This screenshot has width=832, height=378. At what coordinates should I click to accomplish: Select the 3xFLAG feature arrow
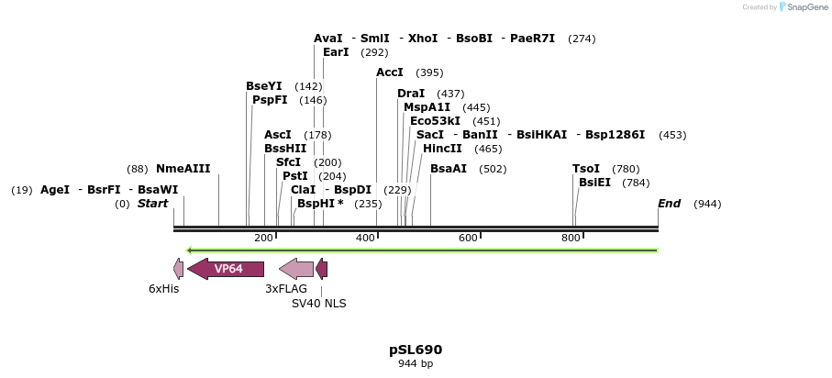[296, 269]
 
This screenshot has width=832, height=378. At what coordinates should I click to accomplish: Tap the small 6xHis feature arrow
[178, 269]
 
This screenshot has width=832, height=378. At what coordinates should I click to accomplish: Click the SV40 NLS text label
[318, 303]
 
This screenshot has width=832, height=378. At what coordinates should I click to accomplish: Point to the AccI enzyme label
[390, 72]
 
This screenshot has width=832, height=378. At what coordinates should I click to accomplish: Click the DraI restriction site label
[411, 94]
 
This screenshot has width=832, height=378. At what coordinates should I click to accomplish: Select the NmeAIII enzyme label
[183, 169]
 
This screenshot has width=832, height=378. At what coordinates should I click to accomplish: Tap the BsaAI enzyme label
[449, 169]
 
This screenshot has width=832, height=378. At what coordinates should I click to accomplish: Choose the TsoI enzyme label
[586, 169]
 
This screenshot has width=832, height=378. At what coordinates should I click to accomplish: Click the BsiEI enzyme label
[593, 183]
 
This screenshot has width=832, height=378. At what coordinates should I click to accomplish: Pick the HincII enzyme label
[442, 149]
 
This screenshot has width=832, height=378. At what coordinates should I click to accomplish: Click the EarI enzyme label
[336, 52]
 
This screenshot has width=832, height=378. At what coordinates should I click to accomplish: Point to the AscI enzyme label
[278, 135]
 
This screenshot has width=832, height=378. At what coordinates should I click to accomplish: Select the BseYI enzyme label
[264, 86]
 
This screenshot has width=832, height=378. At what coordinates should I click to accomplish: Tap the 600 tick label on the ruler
[468, 239]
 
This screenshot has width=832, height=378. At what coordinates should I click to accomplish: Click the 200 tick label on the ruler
[263, 239]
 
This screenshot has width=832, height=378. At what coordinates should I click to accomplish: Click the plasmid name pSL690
[416, 350]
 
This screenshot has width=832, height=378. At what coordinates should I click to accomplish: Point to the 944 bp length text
[416, 364]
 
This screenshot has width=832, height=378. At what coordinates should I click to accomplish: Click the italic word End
[670, 204]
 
